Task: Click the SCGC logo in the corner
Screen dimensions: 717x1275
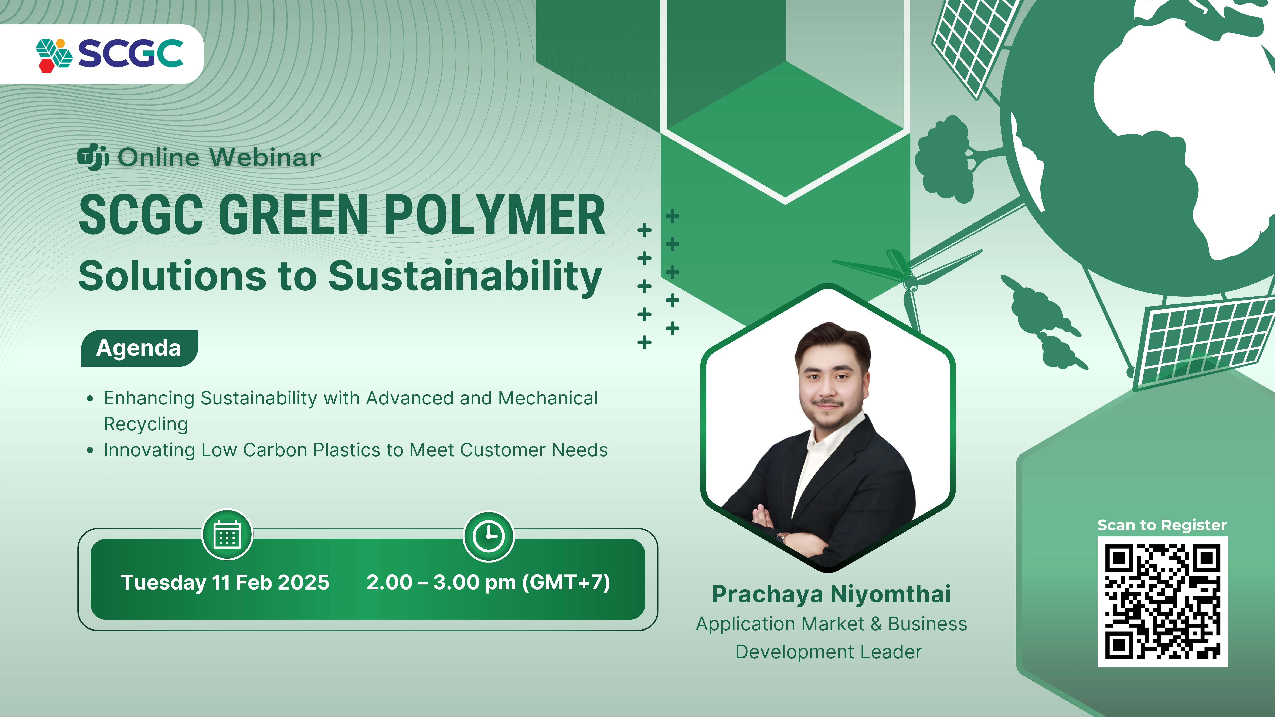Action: (x=110, y=54)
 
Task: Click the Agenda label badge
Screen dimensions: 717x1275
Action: (x=139, y=348)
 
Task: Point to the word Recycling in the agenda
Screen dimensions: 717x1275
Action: (x=146, y=424)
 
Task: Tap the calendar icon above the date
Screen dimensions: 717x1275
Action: (x=227, y=535)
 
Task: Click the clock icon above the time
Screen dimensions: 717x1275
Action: (x=489, y=536)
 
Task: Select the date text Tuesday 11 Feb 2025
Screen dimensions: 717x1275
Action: (x=225, y=582)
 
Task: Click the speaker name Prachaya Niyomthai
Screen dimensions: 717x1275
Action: (x=831, y=594)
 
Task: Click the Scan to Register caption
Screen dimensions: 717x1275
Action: (x=1162, y=525)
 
